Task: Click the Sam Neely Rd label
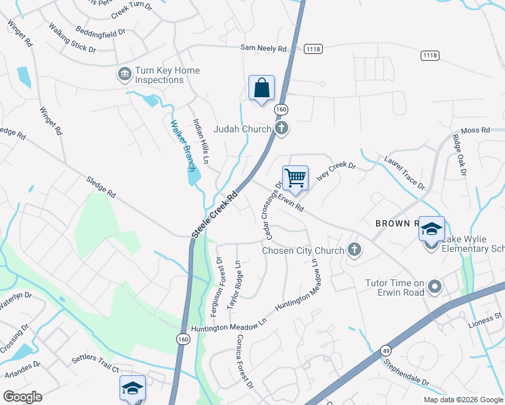click(264, 48)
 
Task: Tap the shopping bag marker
click(261, 88)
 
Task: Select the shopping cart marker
click(295, 179)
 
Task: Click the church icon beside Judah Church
click(282, 128)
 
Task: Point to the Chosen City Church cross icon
click(353, 251)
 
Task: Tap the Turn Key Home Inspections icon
click(124, 74)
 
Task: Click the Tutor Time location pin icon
click(435, 288)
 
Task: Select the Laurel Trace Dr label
click(405, 174)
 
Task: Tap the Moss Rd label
click(475, 130)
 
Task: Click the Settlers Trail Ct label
click(97, 369)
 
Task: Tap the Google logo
click(22, 397)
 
